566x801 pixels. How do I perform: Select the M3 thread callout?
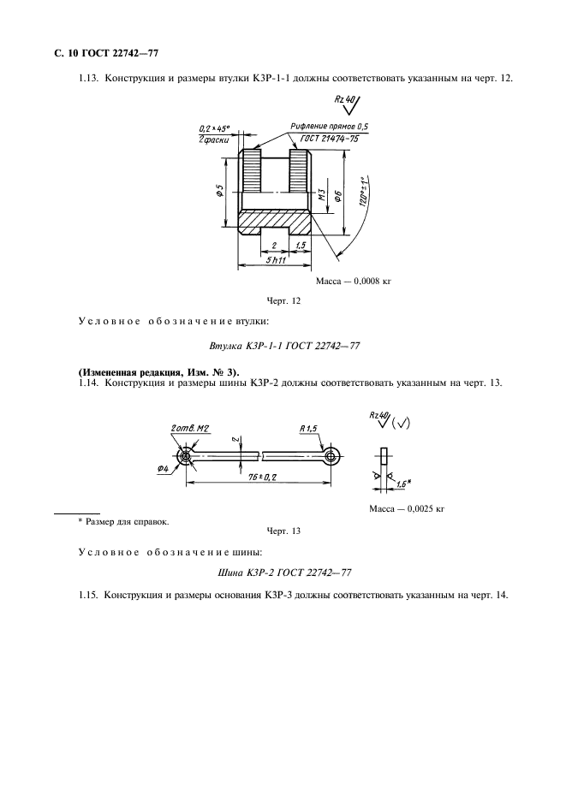pyautogui.click(x=319, y=196)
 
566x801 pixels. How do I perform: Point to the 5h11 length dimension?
pyautogui.click(x=277, y=259)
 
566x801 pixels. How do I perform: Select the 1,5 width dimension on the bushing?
pyautogui.click(x=300, y=246)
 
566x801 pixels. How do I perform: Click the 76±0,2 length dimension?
pyautogui.click(x=255, y=477)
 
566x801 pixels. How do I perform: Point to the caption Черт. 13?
pyautogui.click(x=283, y=531)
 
